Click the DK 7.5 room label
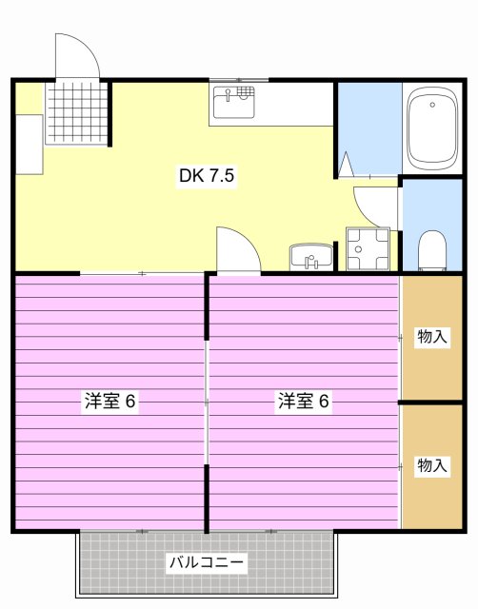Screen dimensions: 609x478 tap(207, 176)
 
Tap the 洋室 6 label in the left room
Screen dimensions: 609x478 tap(110, 401)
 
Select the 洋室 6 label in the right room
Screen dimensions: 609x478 tap(304, 401)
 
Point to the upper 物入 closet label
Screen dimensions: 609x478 tap(432, 336)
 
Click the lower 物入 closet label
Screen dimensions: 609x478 tap(432, 465)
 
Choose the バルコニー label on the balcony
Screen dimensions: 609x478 tap(207, 562)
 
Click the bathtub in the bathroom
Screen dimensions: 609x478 tap(433, 128)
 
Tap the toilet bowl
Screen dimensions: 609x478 tap(433, 251)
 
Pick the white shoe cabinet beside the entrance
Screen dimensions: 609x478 tap(29, 144)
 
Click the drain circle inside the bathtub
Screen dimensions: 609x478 tap(433, 103)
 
